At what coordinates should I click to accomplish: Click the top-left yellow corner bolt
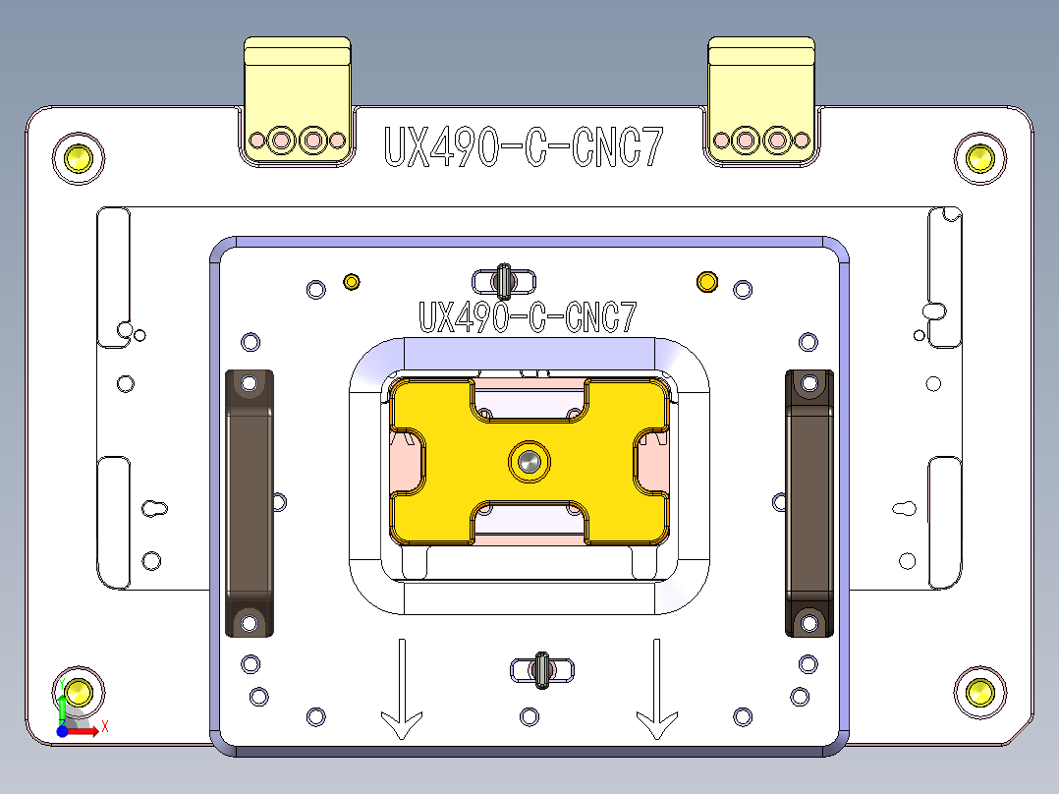click(x=79, y=156)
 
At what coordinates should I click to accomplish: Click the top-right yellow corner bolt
click(x=979, y=156)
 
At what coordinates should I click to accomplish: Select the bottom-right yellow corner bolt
click(x=979, y=691)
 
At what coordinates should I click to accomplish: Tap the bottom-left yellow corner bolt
click(x=78, y=691)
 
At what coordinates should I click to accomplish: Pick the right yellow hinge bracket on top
click(x=761, y=98)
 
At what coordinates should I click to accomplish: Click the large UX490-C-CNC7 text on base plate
click(x=522, y=148)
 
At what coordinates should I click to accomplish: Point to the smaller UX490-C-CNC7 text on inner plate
click(x=528, y=317)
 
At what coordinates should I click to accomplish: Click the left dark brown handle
click(x=250, y=502)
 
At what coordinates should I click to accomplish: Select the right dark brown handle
click(x=808, y=502)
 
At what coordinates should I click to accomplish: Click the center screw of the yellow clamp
click(x=530, y=460)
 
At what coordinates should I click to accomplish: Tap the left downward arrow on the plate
click(x=402, y=689)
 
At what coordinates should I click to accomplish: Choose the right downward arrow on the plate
click(x=655, y=689)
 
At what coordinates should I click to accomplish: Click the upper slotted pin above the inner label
click(x=504, y=281)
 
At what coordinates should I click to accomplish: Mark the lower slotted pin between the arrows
click(x=541, y=670)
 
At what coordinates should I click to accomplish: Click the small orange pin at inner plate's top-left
click(x=351, y=283)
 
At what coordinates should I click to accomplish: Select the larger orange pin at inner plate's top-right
click(x=705, y=282)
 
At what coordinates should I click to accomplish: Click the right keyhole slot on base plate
click(x=904, y=508)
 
